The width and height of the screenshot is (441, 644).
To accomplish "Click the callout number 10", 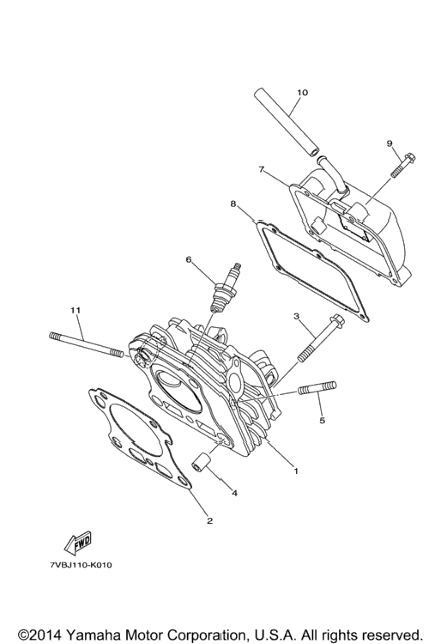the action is [301, 93].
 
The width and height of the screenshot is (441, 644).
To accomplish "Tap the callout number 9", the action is [390, 143].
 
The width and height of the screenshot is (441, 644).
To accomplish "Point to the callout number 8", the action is [233, 204].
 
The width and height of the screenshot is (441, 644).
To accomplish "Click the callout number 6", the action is [188, 259].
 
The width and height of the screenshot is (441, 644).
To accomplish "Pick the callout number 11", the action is [75, 310].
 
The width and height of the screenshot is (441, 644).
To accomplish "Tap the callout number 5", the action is [322, 420].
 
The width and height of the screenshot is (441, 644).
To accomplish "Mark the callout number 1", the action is [296, 471].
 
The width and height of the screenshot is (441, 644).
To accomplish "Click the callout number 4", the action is [234, 493].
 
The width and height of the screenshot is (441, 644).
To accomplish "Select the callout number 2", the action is [209, 521].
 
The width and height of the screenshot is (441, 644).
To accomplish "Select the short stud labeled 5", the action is [318, 388].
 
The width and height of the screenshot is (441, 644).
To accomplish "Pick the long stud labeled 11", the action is [86, 344].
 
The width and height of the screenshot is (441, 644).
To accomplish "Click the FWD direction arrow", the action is [77, 543].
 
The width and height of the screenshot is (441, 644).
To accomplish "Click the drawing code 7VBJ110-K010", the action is [81, 565].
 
